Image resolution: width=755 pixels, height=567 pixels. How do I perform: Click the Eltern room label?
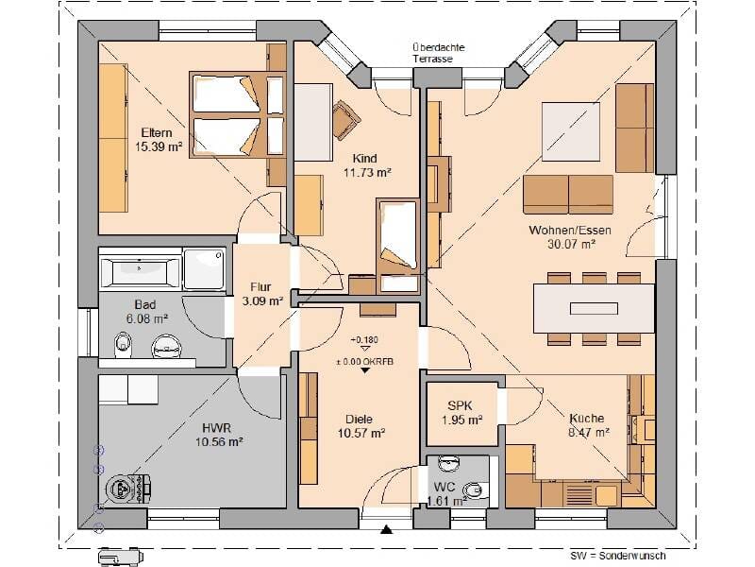coord(157,132)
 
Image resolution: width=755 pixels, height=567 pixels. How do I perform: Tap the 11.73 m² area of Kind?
coord(367,172)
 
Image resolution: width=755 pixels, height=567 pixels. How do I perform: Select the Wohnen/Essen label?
coord(570,230)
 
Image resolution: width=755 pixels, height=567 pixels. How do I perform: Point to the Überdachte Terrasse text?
coord(438,53)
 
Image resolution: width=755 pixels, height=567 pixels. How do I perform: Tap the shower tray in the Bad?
coord(204,268)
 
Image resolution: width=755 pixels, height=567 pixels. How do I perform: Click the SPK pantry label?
coord(461,406)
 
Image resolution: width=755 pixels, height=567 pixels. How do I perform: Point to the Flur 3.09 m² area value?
coord(262,301)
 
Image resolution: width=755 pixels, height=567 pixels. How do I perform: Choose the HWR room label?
coord(217,428)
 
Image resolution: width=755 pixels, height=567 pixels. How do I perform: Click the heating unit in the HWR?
coord(128,489)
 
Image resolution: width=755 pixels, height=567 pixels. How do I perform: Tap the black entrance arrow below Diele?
coord(386,530)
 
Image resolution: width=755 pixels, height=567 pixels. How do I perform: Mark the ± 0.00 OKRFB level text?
coord(365,361)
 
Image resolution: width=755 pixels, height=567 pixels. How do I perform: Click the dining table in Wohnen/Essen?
coord(594,309)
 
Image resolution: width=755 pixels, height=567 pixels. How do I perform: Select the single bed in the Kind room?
coord(397,246)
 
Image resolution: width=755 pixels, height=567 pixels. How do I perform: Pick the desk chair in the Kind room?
coord(345,119)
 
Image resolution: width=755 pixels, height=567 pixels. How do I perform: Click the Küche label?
coord(586,418)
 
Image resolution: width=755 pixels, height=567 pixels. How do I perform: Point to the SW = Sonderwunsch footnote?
coord(618,556)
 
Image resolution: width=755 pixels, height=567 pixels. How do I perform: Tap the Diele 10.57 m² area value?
coord(361,433)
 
